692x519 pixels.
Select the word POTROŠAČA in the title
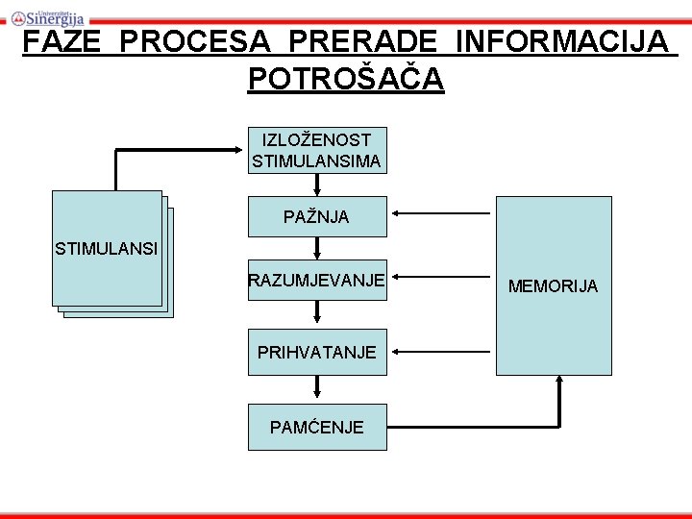(346, 79)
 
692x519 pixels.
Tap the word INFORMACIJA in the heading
(561, 43)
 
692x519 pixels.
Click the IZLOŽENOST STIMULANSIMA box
(316, 151)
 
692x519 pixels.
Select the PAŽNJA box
(316, 217)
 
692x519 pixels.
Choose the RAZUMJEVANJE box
(316, 280)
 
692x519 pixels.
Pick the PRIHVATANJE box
(316, 352)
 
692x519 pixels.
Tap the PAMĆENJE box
(316, 427)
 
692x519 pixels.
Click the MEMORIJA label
(553, 286)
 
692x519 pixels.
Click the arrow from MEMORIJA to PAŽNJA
(442, 216)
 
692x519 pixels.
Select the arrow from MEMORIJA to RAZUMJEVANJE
(442, 280)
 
